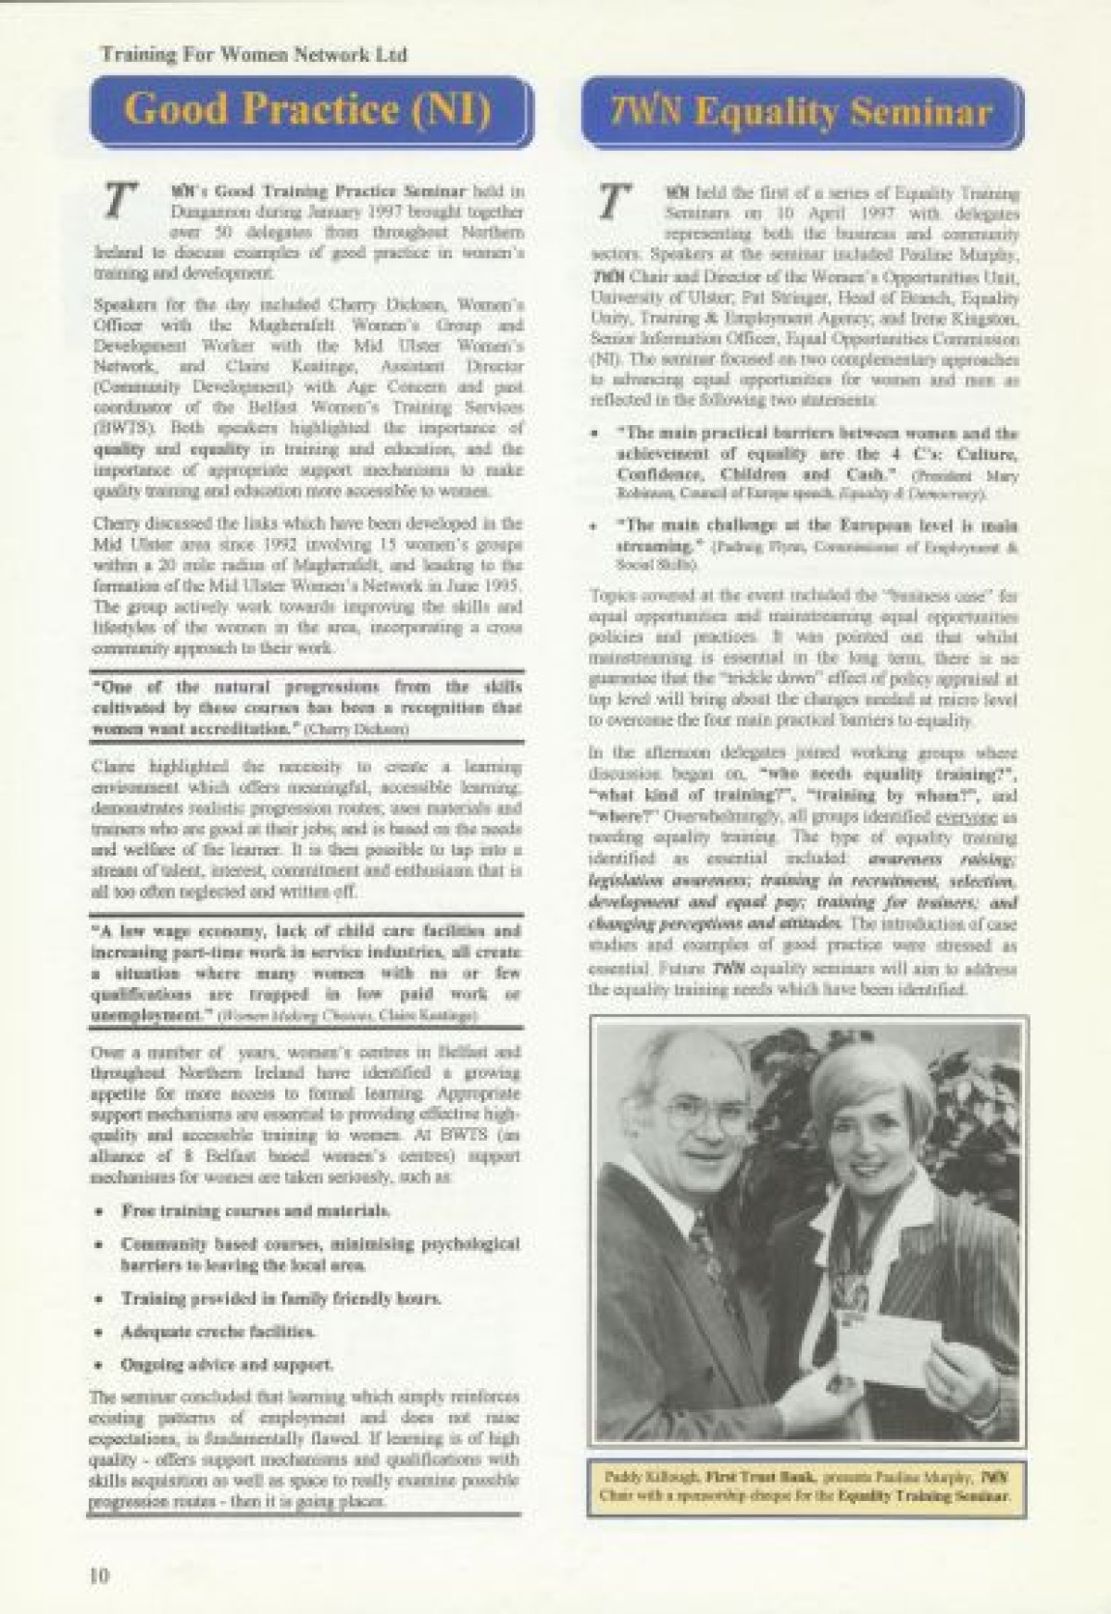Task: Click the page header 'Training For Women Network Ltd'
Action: (254, 55)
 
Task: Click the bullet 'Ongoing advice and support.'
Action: (228, 1364)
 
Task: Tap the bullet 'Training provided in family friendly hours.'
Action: (281, 1298)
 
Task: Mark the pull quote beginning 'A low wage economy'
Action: (306, 972)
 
